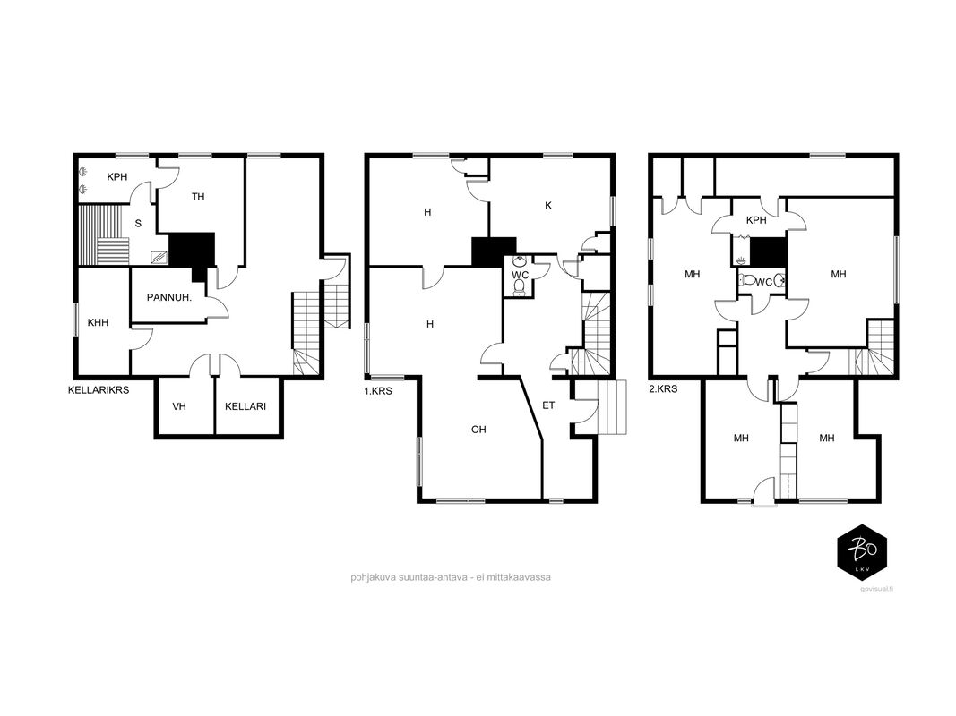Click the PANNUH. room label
click(168, 298)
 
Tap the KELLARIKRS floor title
click(99, 389)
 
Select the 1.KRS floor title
click(378, 391)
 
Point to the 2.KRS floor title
click(663, 388)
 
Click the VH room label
click(178, 406)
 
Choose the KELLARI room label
click(245, 406)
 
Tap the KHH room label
click(98, 322)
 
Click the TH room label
click(198, 197)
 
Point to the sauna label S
click(138, 224)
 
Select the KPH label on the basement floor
click(117, 177)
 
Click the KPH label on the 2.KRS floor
click(756, 220)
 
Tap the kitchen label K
click(548, 206)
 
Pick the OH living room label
click(478, 430)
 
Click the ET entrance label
click(548, 405)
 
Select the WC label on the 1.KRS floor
click(520, 275)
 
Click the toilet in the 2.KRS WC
click(746, 281)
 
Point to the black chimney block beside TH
click(193, 252)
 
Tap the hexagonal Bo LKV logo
click(862, 551)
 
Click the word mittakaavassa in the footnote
click(522, 577)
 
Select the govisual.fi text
click(877, 589)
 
